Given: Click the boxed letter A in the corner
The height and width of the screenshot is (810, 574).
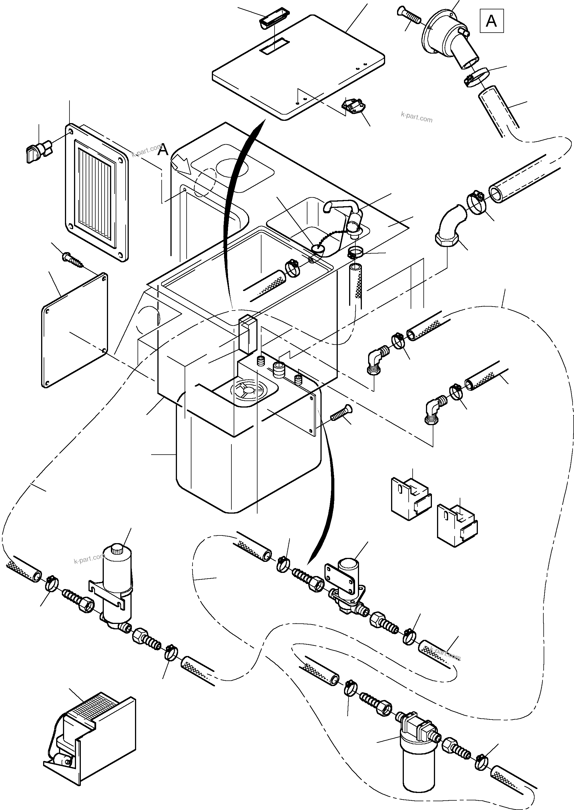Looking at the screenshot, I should (x=491, y=21).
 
